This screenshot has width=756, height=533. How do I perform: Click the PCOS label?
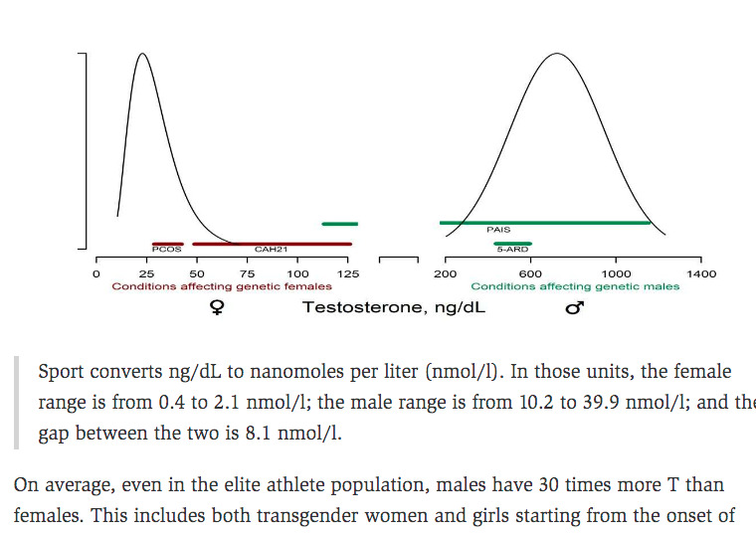click(166, 250)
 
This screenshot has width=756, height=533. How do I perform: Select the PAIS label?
click(498, 230)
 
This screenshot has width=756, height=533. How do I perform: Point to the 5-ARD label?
click(512, 250)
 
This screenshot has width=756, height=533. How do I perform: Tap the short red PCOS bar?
click(167, 244)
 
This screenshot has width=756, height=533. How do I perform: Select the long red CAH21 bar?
click(272, 244)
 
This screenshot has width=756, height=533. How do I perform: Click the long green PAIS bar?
click(544, 223)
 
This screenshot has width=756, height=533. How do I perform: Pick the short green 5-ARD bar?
click(513, 244)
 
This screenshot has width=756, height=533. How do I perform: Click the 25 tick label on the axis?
click(146, 274)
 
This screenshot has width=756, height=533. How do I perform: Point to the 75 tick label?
click(248, 274)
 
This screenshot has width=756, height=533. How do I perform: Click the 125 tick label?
click(349, 274)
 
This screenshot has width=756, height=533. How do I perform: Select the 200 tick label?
click(445, 274)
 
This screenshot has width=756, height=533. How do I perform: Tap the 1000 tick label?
click(616, 274)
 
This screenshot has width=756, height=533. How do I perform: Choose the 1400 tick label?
click(701, 274)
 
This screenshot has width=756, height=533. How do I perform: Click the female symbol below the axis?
click(216, 308)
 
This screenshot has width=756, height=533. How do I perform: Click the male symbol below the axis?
click(574, 308)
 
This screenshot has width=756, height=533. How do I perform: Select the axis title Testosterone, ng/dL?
click(394, 307)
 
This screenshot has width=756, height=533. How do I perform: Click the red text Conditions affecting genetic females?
click(222, 286)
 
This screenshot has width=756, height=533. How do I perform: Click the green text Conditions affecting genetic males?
click(575, 286)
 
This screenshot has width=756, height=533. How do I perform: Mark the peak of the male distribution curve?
click(556, 53)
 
